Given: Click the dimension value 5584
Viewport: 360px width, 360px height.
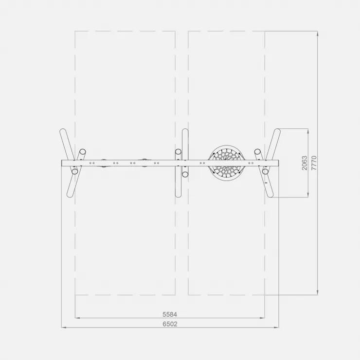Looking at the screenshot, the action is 170,314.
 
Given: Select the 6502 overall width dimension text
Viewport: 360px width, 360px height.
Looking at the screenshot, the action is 170,324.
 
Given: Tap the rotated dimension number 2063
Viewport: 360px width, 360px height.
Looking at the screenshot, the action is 305,163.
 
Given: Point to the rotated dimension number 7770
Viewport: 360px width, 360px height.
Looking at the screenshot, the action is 314,163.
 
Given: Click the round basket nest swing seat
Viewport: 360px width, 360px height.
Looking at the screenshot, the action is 226,163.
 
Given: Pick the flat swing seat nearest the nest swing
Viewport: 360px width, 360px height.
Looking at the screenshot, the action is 144,163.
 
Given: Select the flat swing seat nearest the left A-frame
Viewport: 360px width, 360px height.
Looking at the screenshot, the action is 104,163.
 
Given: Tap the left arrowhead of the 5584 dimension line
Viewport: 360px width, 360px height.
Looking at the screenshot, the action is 77,318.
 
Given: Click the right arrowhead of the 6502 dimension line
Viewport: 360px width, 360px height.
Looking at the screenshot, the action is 277,327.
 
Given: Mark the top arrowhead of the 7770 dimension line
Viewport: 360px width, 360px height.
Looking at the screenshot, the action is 318,33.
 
